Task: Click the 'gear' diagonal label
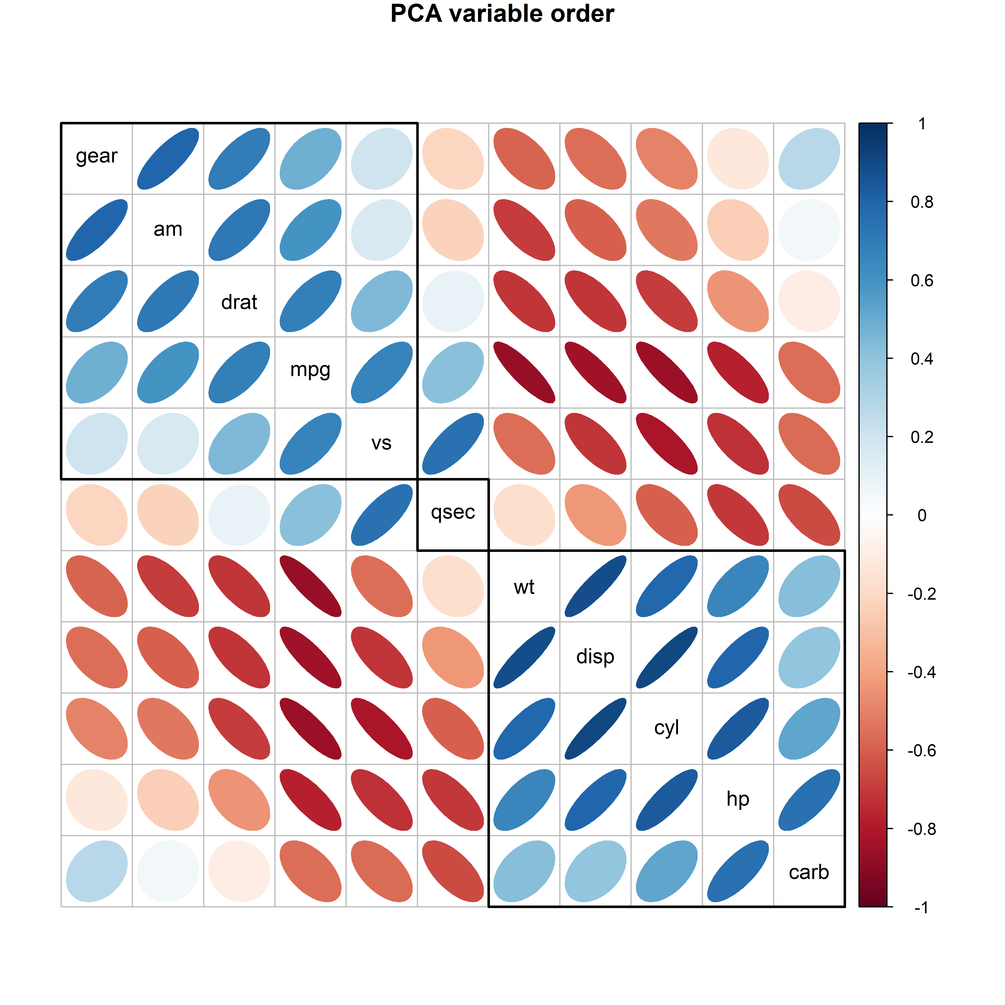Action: click(x=97, y=156)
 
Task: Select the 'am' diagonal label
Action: click(x=168, y=229)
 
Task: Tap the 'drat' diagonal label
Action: click(x=239, y=302)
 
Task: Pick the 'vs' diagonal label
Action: click(x=381, y=443)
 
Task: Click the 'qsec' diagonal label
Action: click(x=452, y=512)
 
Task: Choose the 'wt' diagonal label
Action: click(x=524, y=587)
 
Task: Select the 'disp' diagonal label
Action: click(x=595, y=657)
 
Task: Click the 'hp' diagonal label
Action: click(x=738, y=799)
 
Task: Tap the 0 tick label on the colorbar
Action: click(x=922, y=515)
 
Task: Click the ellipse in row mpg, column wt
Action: click(x=524, y=372)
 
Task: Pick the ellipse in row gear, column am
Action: click(x=168, y=159)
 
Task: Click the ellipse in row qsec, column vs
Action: click(x=381, y=515)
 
